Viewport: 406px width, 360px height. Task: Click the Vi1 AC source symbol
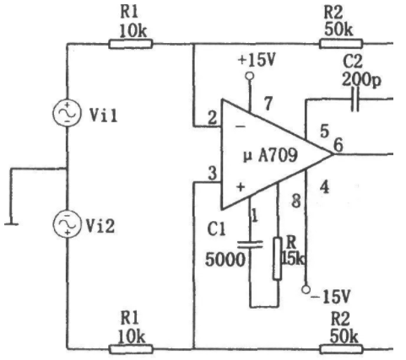[67, 113]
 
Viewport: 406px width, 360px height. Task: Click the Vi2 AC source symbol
[67, 224]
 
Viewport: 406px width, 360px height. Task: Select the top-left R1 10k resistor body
[131, 44]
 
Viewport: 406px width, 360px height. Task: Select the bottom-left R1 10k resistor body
[131, 349]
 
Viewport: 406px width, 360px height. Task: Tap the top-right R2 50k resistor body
[341, 44]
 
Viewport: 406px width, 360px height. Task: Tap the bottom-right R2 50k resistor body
[341, 349]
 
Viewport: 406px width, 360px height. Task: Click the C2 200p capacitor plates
[355, 99]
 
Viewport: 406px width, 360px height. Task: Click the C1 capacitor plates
[250, 244]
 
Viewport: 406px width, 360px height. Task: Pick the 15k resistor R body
[278, 259]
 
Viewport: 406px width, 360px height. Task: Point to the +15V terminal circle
[250, 76]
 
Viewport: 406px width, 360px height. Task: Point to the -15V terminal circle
[306, 289]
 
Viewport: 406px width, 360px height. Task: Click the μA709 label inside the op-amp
[270, 155]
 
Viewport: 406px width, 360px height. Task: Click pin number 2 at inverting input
[213, 118]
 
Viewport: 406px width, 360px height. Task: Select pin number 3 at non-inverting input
[213, 173]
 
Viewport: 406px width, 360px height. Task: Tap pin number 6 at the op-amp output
[338, 145]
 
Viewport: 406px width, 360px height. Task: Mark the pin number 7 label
[268, 103]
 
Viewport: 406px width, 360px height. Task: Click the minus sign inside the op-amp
[241, 126]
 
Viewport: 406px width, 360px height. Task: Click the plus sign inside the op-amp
[241, 187]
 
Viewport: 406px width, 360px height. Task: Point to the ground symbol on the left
[11, 224]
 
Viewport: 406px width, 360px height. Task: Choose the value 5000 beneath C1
[225, 259]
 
